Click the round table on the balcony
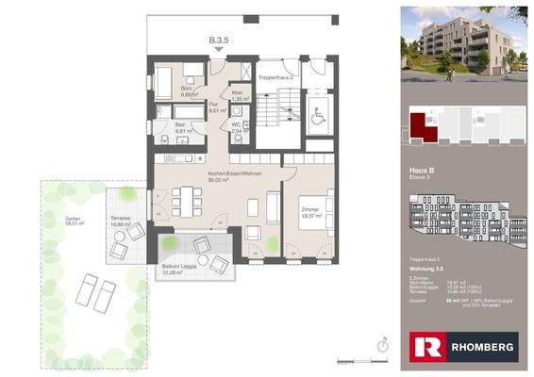[202, 247]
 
